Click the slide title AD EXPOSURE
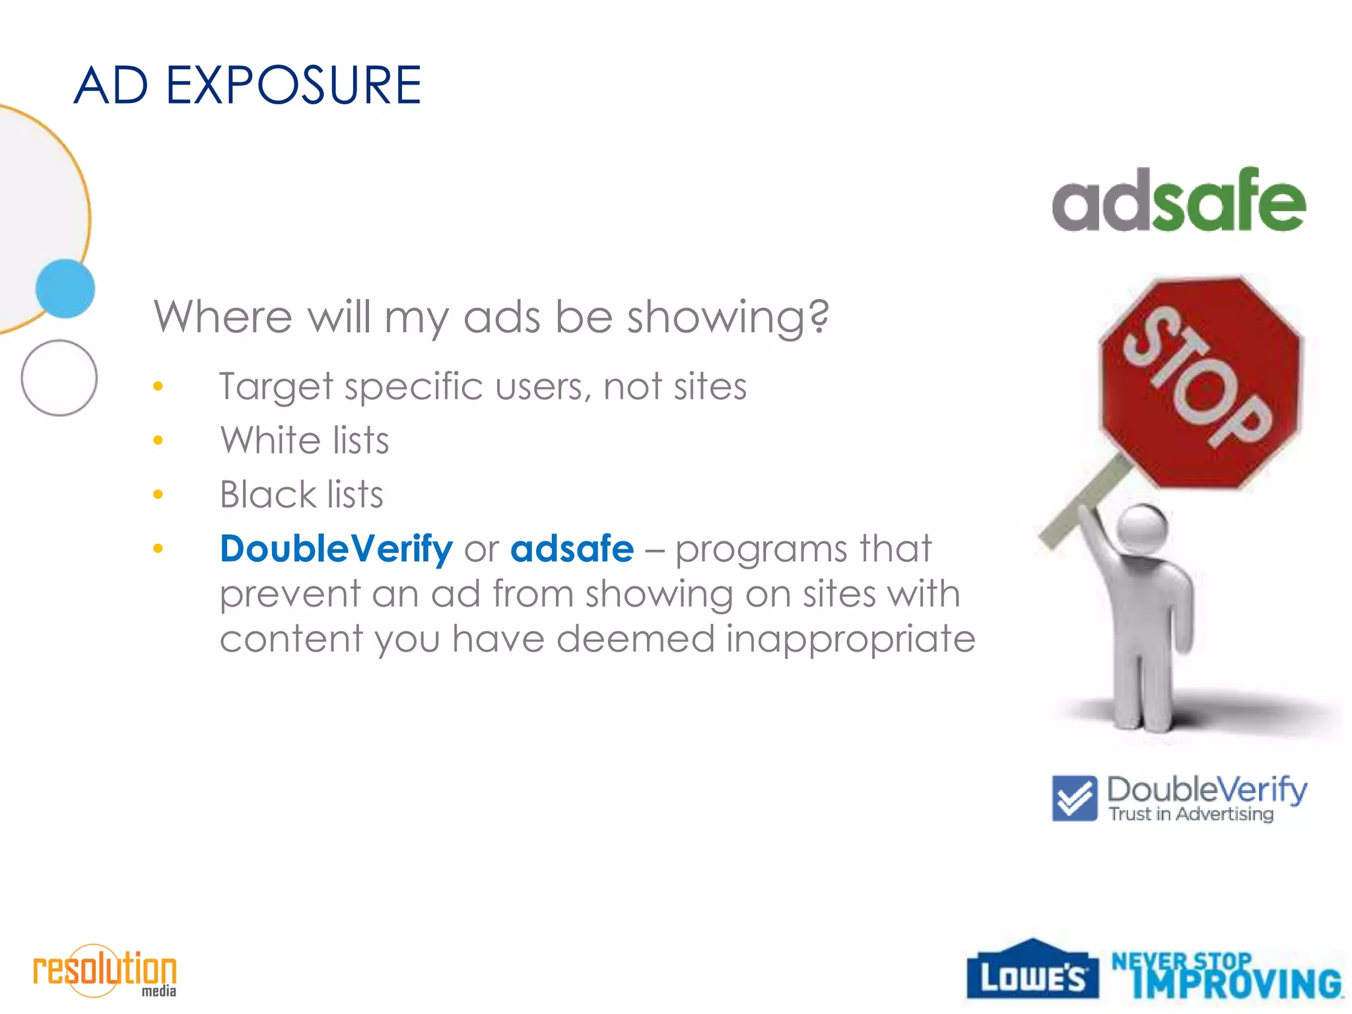pos(248,86)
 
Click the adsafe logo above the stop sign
pos(1179,201)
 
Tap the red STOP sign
pos(1200,382)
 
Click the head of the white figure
pos(1141,528)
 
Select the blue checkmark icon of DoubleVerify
pos(1075,798)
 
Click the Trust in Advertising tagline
pos(1191,814)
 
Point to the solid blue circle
pos(65,289)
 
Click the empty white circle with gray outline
pos(59,378)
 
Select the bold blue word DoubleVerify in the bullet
pos(337,549)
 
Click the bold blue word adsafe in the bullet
pos(572,549)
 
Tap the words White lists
pos(304,440)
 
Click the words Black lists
pos(301,494)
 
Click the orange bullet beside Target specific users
pos(158,386)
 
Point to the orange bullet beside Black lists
pos(158,494)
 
